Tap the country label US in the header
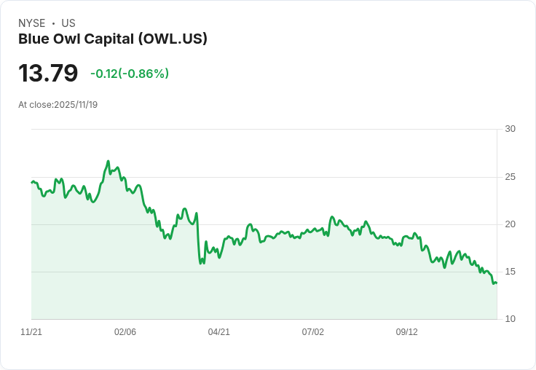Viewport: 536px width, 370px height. pyautogui.click(x=68, y=23)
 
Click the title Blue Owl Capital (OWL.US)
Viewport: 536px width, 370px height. pyautogui.click(x=113, y=39)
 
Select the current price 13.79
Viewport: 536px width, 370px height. pyautogui.click(x=48, y=73)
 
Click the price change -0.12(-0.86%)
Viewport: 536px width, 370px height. pyautogui.click(x=130, y=74)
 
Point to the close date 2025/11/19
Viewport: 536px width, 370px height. pyautogui.click(x=76, y=105)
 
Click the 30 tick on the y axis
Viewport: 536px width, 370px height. pyautogui.click(x=510, y=129)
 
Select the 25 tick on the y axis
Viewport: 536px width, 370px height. pyautogui.click(x=510, y=177)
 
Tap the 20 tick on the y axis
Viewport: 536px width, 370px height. pyautogui.click(x=510, y=224)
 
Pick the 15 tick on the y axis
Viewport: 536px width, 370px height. pyautogui.click(x=510, y=272)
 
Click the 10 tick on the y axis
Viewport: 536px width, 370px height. pyautogui.click(x=510, y=319)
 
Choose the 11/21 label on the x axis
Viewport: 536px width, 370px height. pyautogui.click(x=31, y=332)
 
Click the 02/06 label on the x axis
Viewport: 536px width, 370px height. pyautogui.click(x=125, y=332)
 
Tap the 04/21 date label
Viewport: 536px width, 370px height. pyautogui.click(x=219, y=332)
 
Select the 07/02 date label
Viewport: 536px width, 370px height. pyautogui.click(x=313, y=332)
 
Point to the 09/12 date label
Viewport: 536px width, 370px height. pyautogui.click(x=407, y=332)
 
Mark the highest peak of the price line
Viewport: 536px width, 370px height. pyautogui.click(x=108, y=162)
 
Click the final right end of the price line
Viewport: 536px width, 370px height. pyautogui.click(x=496, y=283)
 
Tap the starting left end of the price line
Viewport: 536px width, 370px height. pyautogui.click(x=32, y=182)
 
